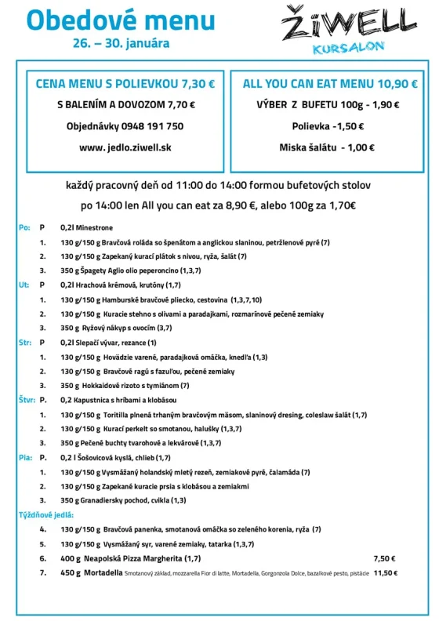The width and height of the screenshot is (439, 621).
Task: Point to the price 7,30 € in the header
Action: click(x=198, y=82)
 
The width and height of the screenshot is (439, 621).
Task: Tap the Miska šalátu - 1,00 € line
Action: click(x=327, y=147)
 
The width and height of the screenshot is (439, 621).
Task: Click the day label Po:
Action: click(x=24, y=227)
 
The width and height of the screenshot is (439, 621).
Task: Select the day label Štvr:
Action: click(x=27, y=399)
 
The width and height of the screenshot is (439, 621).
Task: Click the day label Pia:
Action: click(x=25, y=457)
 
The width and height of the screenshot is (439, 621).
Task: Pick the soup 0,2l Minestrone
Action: click(x=86, y=227)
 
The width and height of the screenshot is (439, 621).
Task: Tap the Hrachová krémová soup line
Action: click(x=120, y=285)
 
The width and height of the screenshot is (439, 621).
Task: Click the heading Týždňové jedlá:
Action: click(x=46, y=514)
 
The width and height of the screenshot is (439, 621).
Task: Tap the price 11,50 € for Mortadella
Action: click(x=385, y=573)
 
